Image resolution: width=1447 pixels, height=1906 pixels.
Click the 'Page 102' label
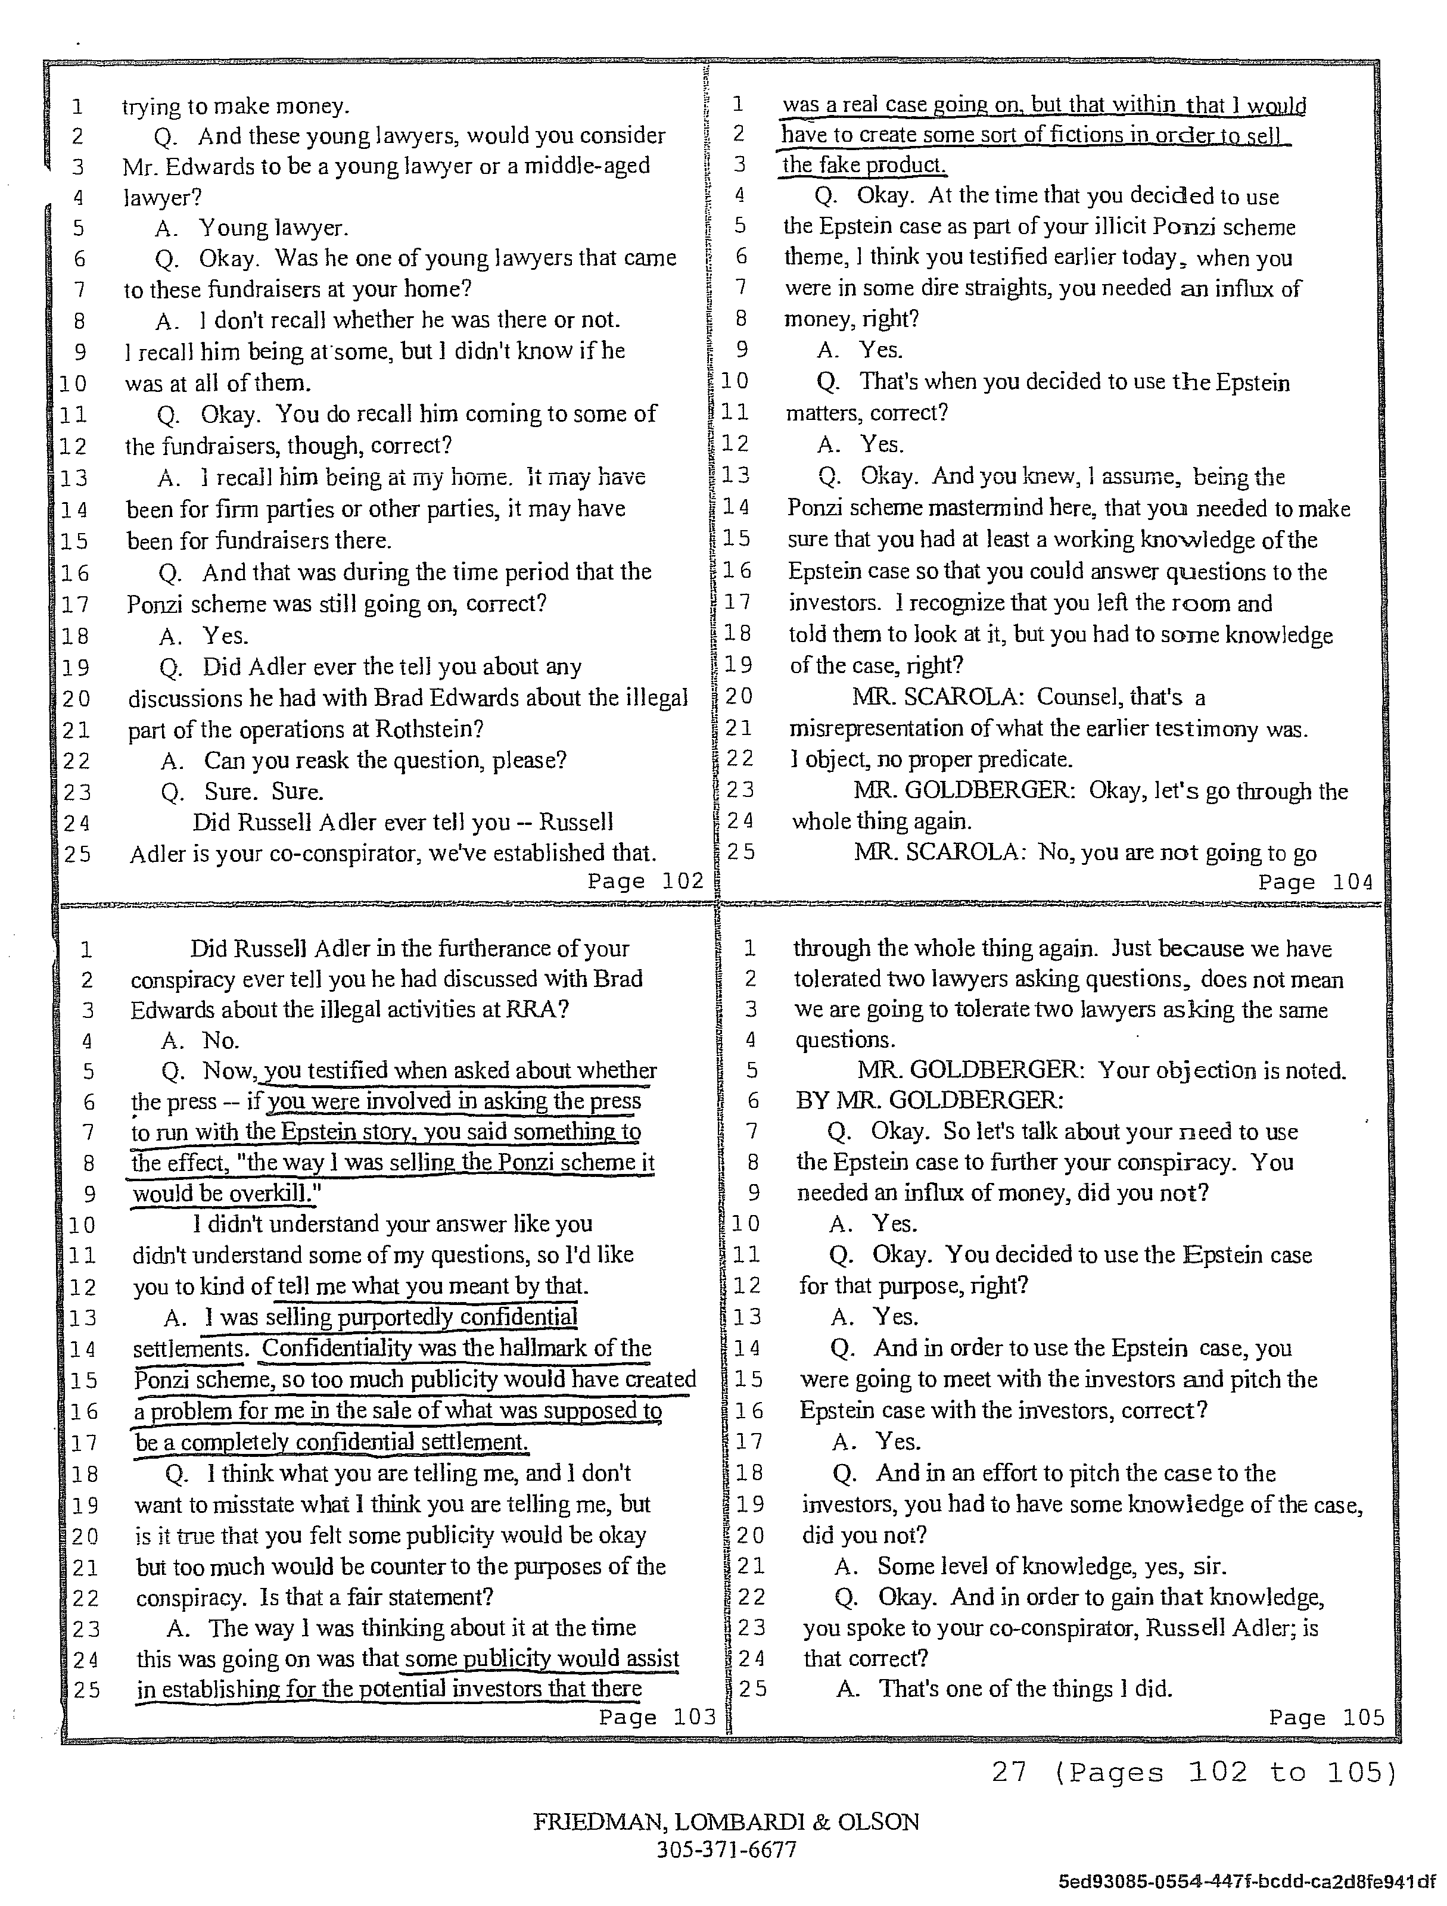point(645,880)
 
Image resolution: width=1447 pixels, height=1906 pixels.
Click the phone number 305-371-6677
point(726,1849)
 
